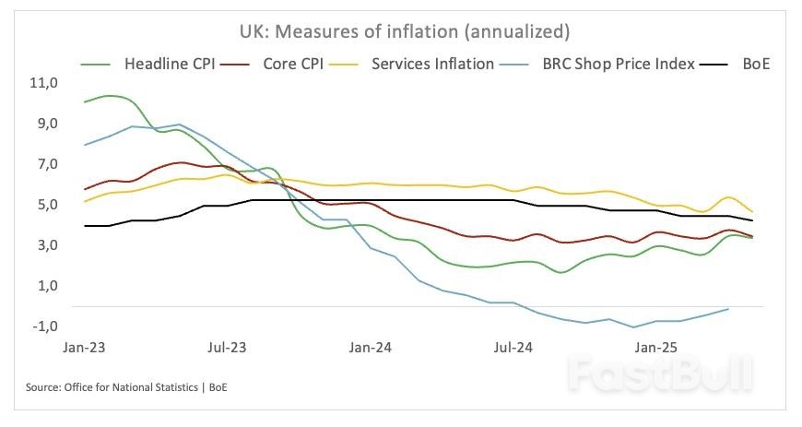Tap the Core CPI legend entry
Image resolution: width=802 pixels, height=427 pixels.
tap(300, 65)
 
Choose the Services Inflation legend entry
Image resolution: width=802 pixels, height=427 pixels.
tap(433, 65)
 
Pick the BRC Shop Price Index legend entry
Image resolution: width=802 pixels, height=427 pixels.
tap(617, 65)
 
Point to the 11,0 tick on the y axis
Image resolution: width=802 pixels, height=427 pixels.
tap(44, 83)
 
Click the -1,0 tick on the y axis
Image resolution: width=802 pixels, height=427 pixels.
tap(44, 326)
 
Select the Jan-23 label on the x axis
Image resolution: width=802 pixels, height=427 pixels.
tap(85, 349)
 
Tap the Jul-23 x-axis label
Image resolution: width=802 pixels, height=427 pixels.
tap(228, 349)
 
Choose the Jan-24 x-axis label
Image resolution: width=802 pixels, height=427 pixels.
tap(371, 349)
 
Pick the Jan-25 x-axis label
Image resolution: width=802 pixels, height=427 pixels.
tap(655, 349)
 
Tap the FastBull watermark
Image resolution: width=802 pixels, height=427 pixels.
tap(660, 374)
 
